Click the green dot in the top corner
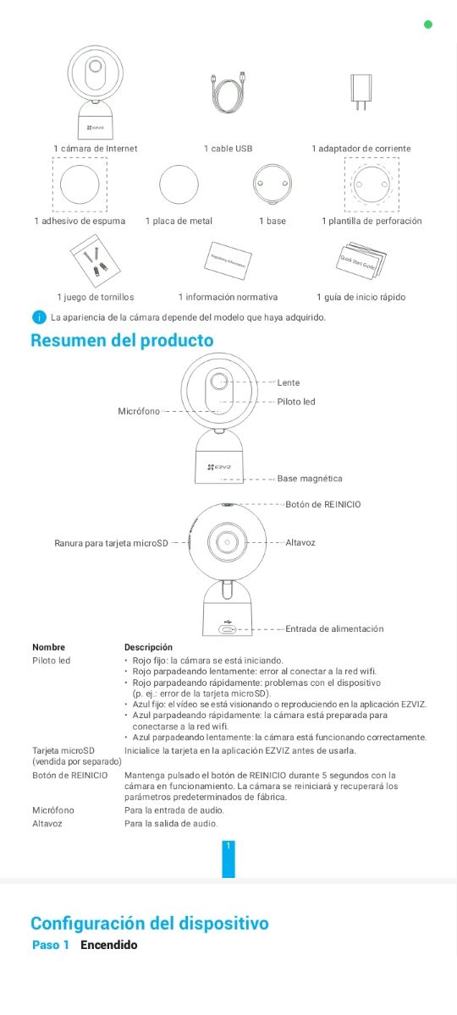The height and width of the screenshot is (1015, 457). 427,25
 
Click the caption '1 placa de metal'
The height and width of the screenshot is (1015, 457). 179,222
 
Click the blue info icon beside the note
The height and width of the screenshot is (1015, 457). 38,318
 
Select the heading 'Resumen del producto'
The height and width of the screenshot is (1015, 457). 122,341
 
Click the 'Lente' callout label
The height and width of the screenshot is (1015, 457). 289,383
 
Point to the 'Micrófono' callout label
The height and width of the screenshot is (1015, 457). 139,411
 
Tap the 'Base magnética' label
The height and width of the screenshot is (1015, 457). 310,479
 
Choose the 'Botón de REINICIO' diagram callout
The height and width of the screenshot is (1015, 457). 323,505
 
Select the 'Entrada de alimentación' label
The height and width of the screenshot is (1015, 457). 334,628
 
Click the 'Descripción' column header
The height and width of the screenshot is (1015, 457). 148,647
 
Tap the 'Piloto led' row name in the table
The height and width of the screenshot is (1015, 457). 51,661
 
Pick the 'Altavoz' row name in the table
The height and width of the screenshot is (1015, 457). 47,824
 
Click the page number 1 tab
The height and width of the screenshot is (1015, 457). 228,857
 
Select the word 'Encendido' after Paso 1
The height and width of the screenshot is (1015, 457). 108,945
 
